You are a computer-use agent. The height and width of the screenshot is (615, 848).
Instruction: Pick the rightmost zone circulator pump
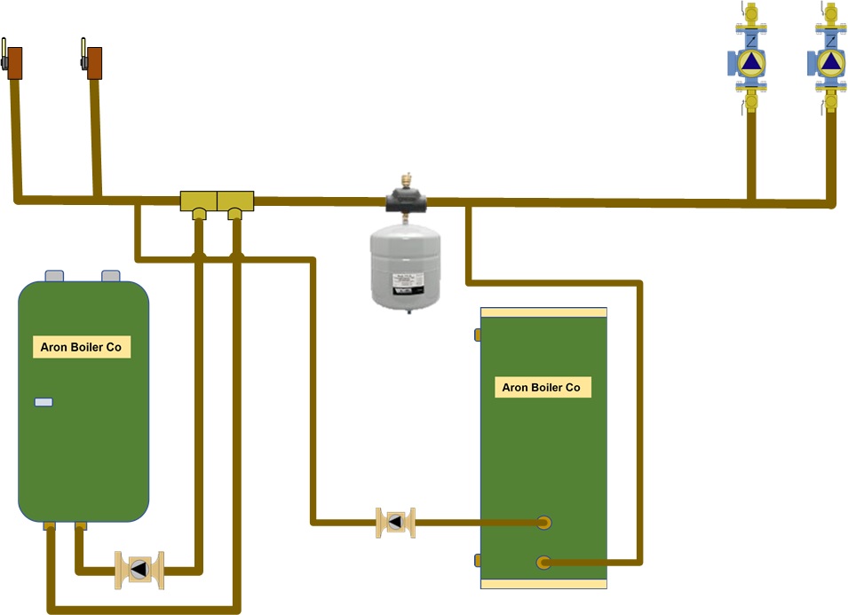(828, 63)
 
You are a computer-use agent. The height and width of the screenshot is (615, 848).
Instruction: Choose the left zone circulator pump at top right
(751, 63)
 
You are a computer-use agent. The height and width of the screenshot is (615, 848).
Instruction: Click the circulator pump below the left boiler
(139, 569)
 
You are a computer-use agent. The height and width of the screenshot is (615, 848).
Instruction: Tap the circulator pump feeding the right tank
(395, 522)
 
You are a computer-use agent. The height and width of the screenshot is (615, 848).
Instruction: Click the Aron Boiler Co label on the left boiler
(81, 347)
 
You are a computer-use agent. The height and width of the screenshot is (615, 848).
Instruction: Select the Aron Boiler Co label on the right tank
(542, 387)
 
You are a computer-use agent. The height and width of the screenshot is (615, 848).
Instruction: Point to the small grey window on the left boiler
(44, 402)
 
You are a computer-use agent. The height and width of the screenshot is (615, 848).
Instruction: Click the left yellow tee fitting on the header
(198, 202)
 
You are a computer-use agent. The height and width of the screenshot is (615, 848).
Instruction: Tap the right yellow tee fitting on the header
(235, 202)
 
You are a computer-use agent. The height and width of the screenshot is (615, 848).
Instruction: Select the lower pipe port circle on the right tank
(543, 561)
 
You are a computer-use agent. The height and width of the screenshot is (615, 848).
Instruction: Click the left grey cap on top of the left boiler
(54, 276)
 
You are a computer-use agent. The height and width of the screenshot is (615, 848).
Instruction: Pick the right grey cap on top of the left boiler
(111, 276)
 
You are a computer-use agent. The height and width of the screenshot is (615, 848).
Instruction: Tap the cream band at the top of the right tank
(543, 312)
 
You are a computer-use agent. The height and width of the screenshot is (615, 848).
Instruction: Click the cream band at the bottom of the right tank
(543, 583)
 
